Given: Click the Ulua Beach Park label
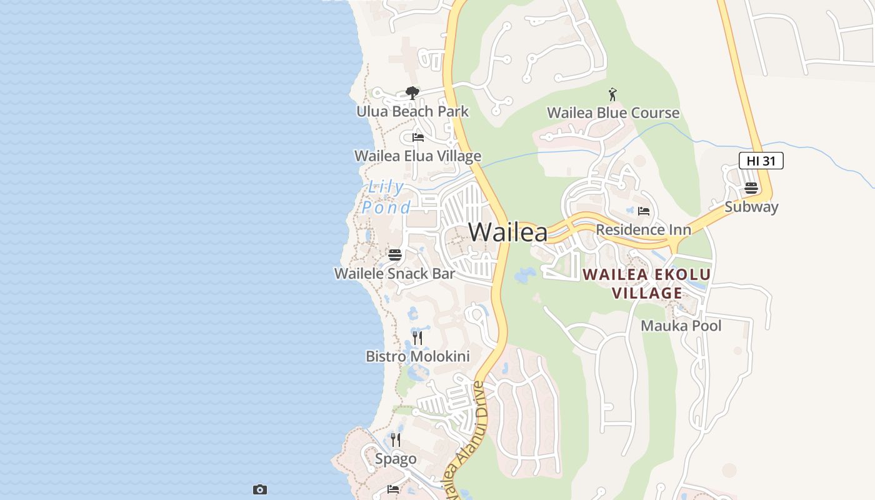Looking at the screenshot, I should (412, 112).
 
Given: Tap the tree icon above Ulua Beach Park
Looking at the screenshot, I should (412, 93).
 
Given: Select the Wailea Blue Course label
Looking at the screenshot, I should (613, 113).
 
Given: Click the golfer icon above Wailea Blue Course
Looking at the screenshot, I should (612, 95).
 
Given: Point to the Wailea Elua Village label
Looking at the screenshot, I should (417, 156).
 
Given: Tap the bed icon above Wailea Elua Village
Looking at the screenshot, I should (418, 137).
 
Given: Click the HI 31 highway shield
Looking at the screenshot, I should (761, 161).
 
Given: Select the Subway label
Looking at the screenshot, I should (751, 207).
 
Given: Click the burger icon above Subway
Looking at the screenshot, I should (751, 188).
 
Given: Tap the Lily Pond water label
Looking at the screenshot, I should (387, 197).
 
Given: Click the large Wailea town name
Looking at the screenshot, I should (507, 232).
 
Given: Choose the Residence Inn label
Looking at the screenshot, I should (643, 229).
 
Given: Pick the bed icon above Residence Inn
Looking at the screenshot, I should (644, 211).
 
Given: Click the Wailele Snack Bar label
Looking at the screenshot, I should (394, 274).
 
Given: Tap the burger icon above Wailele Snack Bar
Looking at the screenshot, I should (394, 255).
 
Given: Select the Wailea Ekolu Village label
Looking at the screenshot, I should (647, 284).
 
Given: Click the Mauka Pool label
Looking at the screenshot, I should (681, 326).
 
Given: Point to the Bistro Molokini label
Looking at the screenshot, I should (417, 357).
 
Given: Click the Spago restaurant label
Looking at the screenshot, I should (396, 459).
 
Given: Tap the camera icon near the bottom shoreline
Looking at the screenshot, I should (260, 489).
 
